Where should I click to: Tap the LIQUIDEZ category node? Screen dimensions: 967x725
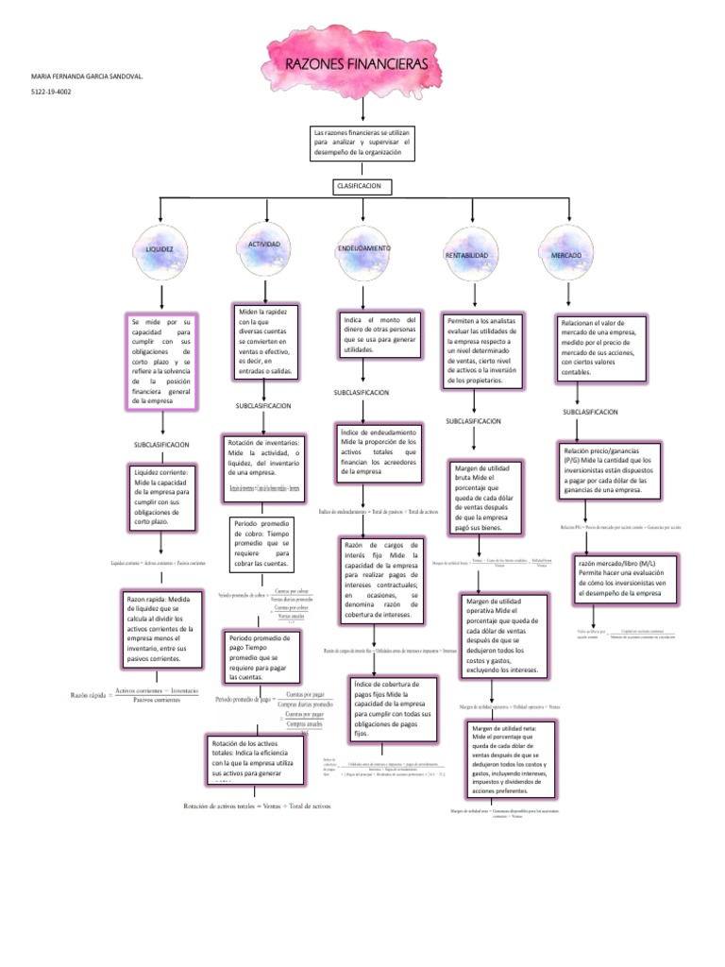pyautogui.click(x=160, y=249)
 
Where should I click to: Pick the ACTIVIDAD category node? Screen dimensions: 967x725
pyautogui.click(x=264, y=245)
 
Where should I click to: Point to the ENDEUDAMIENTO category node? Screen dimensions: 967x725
pyautogui.click(x=363, y=248)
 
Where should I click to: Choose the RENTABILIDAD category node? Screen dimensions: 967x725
pyautogui.click(x=465, y=255)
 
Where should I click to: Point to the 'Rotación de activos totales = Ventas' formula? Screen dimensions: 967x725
pyautogui.click(x=257, y=806)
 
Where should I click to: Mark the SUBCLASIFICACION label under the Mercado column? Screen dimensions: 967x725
pyautogui.click(x=591, y=413)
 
